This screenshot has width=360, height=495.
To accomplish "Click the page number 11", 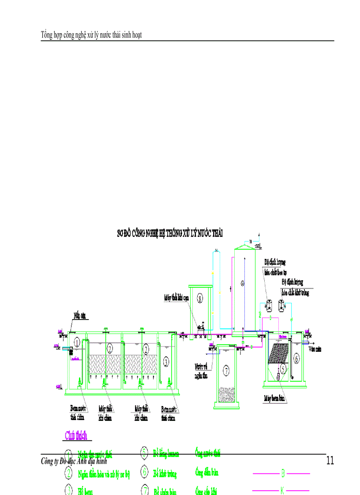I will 330,461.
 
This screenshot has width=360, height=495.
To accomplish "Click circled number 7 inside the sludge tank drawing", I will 226,371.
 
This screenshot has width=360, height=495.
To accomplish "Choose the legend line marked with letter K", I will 281,490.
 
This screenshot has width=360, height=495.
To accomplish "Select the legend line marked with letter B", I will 281,474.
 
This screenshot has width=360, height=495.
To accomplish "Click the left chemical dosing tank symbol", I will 268,304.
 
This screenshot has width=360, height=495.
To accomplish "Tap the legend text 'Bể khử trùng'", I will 165,474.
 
